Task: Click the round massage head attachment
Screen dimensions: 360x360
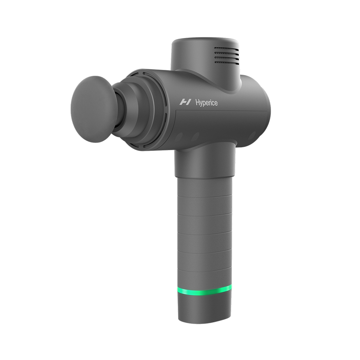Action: tap(94, 109)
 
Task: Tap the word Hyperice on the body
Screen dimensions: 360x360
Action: tap(206, 103)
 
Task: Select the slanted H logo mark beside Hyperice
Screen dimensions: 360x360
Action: tap(185, 102)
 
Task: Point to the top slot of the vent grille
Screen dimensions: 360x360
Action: tap(226, 49)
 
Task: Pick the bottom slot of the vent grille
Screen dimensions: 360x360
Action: tap(227, 62)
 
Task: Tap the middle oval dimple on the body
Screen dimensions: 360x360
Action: tap(195, 137)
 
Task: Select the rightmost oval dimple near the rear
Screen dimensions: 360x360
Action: tap(252, 135)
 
